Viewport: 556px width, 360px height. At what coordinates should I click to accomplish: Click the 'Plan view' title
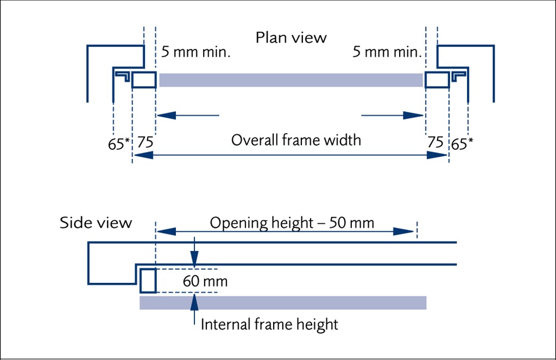coord(291,38)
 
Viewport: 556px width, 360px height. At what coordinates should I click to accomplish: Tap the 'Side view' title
coord(96,223)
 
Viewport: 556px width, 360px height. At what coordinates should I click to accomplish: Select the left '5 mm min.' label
coord(196,53)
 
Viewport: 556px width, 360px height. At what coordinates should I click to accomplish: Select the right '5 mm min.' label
coord(387,53)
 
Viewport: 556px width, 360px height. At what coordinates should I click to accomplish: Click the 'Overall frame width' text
coord(296,140)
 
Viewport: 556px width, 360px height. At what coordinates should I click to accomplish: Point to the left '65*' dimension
coord(119,144)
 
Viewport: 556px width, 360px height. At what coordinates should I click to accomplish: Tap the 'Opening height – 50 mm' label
coord(292,223)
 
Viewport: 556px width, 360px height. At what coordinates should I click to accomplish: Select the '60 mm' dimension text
coord(205,282)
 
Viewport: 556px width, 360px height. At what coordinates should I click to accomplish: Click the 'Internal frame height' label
coord(269,325)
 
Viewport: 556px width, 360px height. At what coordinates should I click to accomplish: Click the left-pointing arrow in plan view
coord(188,115)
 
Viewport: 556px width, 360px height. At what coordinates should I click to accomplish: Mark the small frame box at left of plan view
coord(144,80)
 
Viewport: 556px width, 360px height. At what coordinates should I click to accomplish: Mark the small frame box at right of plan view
coord(437,80)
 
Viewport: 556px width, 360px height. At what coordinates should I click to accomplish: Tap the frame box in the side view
coord(148,281)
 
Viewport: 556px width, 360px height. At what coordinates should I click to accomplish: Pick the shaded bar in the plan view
coord(290,80)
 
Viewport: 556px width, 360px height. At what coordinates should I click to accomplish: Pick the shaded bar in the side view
coord(283,302)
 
